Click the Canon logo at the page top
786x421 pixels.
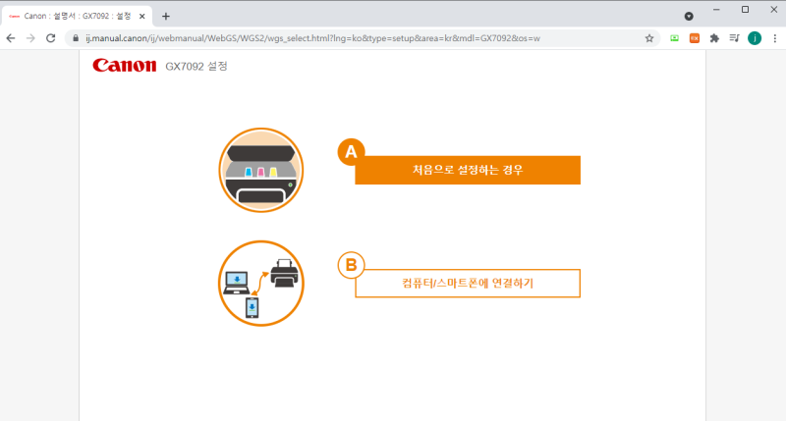[x=124, y=66]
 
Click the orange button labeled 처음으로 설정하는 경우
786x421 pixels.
[x=468, y=170]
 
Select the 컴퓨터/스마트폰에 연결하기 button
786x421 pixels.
[x=468, y=283]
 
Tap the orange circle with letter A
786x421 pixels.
[x=351, y=152]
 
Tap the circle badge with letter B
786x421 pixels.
[x=351, y=265]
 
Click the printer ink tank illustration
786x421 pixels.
[x=260, y=171]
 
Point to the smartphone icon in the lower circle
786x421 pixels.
[x=253, y=309]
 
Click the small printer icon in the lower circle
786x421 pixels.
[x=284, y=272]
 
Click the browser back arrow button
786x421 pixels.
[x=11, y=38]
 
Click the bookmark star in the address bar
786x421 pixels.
[x=649, y=38]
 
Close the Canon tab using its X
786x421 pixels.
[x=141, y=16]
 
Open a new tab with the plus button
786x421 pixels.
[x=165, y=16]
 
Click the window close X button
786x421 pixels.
[x=770, y=10]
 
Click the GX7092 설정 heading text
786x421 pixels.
[x=196, y=67]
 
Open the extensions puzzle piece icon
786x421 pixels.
[x=714, y=38]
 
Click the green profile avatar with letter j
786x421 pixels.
[x=754, y=38]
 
